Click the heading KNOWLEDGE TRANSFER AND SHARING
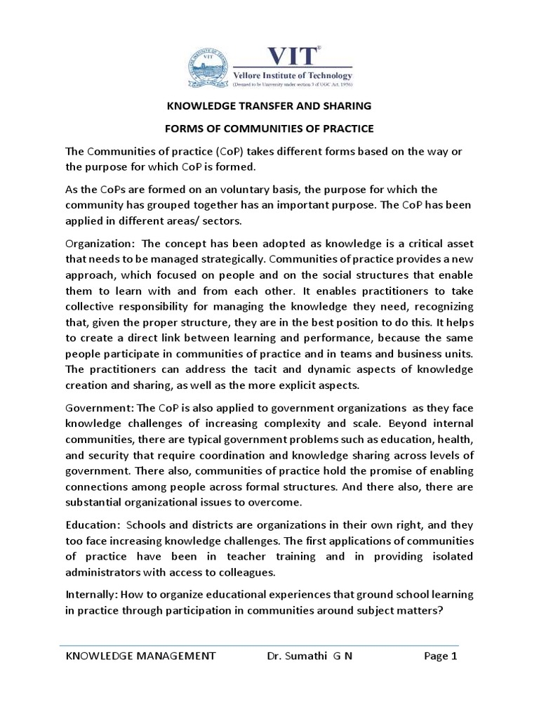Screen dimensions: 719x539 click(269, 107)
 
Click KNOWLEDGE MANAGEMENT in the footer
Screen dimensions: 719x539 click(140, 657)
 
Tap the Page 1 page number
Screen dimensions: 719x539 click(441, 657)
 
